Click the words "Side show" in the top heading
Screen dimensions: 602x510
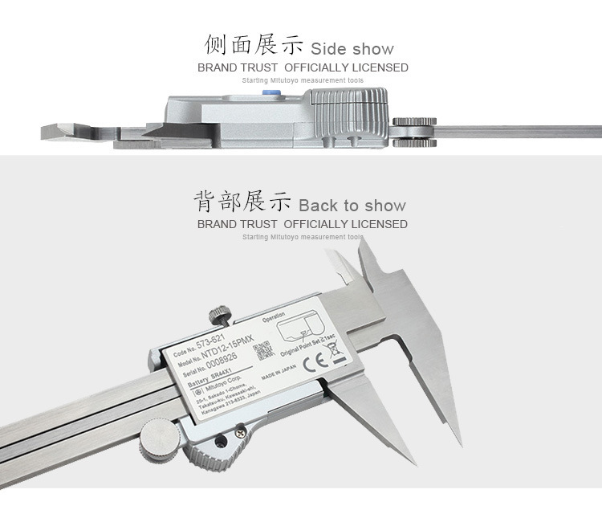(352, 49)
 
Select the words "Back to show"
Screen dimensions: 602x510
(352, 206)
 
